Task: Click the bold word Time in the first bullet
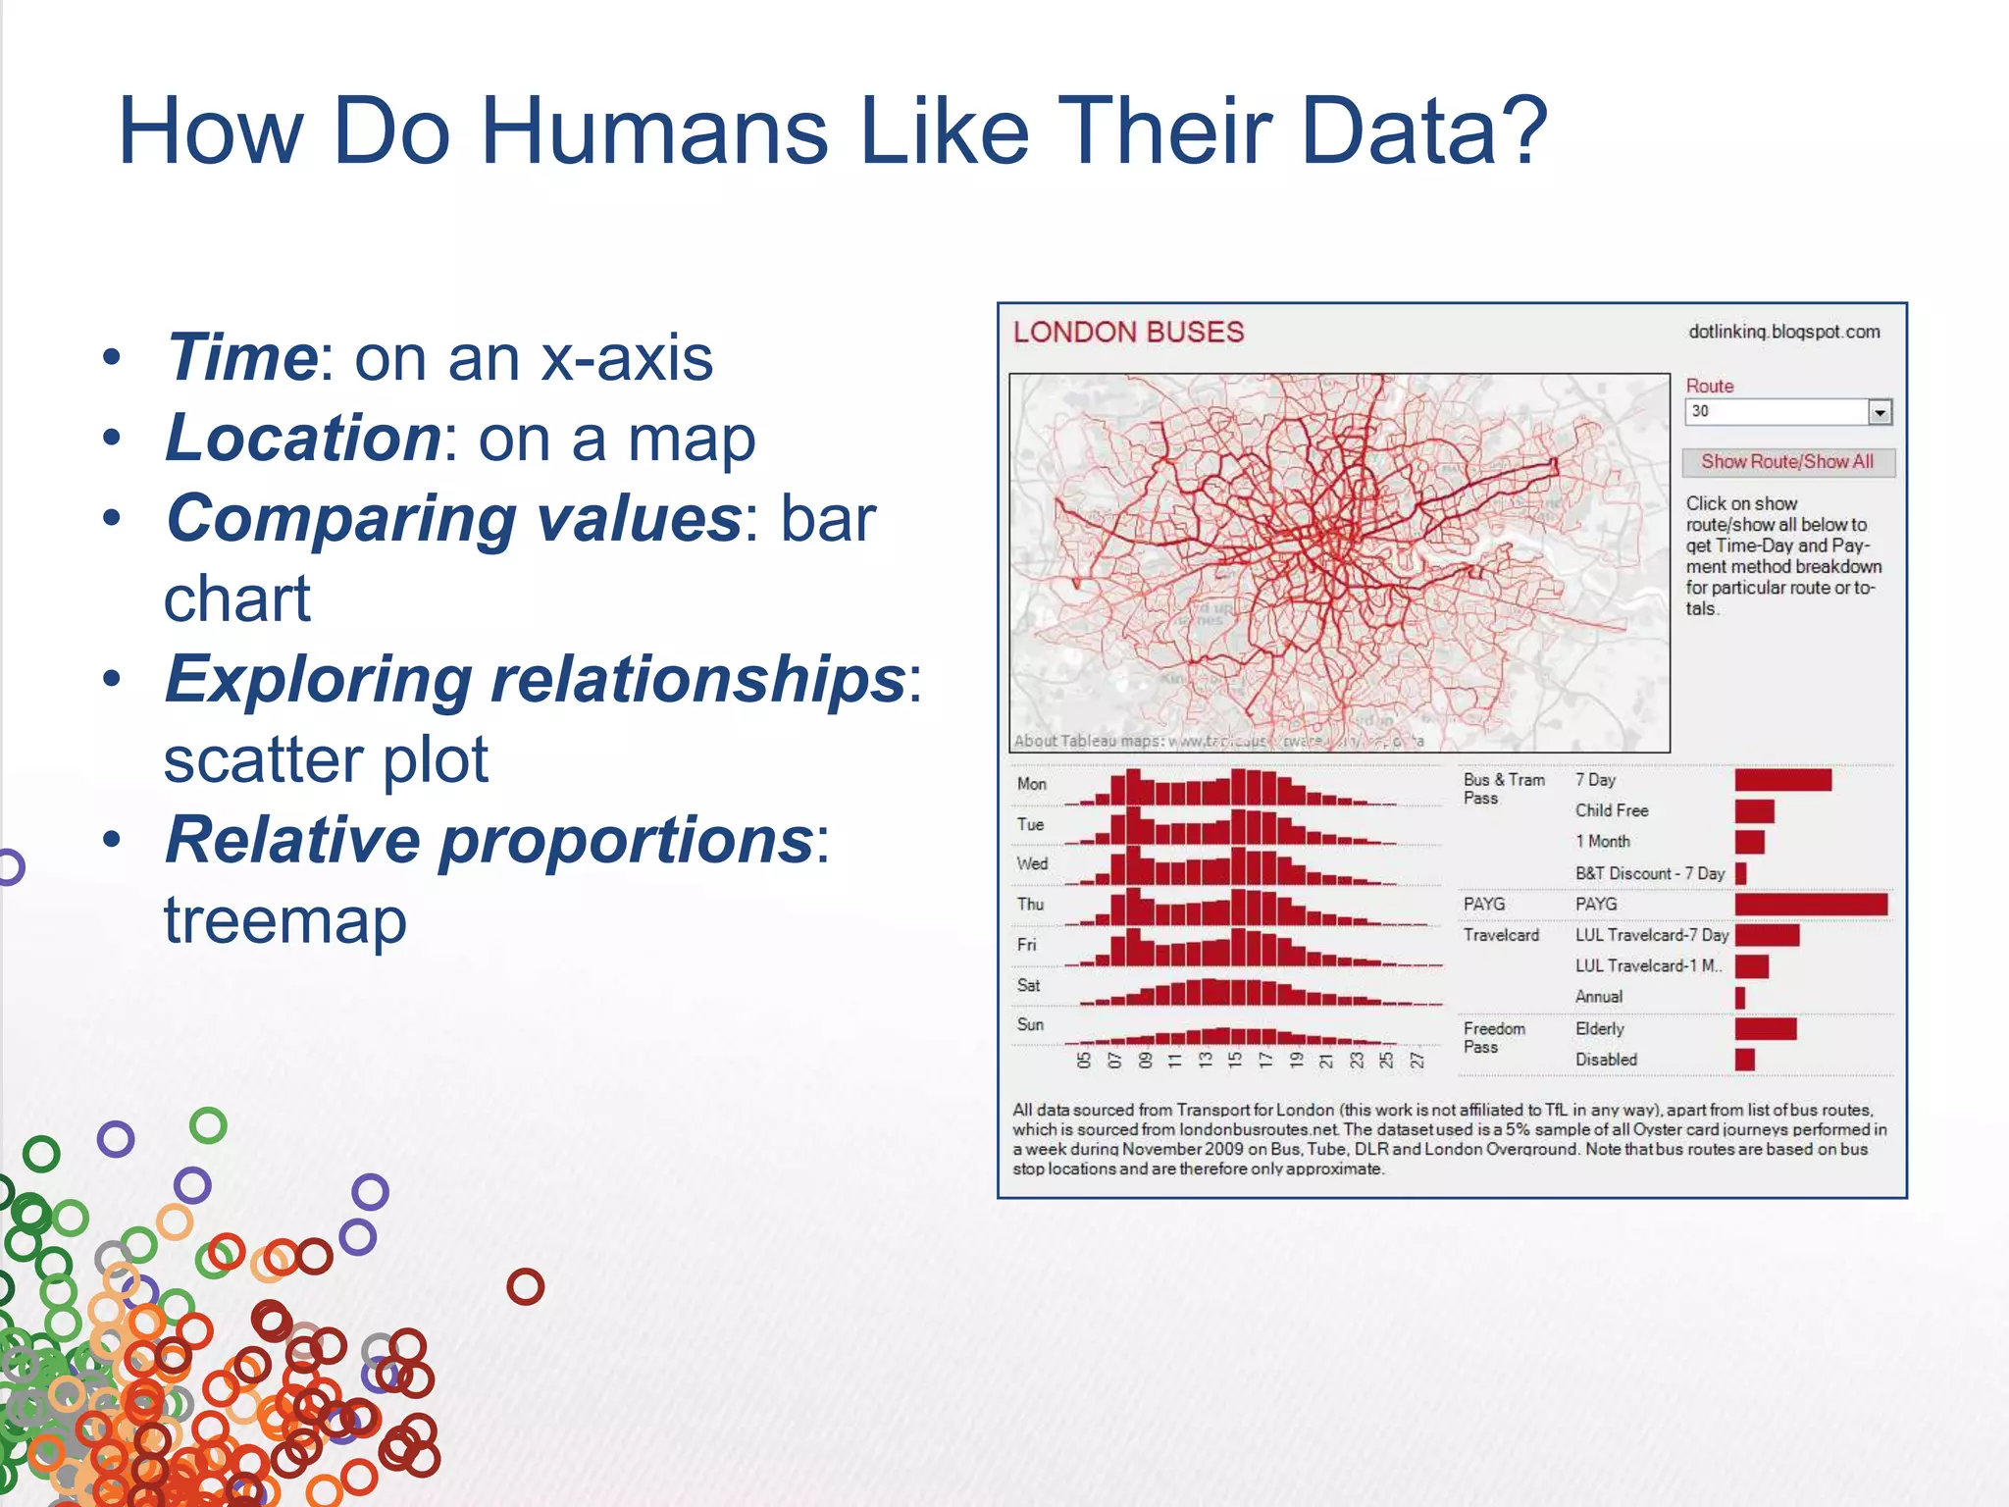click(241, 357)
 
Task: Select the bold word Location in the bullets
click(303, 438)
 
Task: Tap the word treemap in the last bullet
click(284, 920)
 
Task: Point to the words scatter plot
click(326, 759)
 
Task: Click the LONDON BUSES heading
click(1128, 332)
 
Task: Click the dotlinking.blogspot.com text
click(1783, 332)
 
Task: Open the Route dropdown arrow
click(1879, 412)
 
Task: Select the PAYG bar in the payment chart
click(1810, 904)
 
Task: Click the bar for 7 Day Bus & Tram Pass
click(1782, 780)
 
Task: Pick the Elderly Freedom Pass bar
click(1765, 1028)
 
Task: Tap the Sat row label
click(1028, 985)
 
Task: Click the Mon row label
click(1031, 784)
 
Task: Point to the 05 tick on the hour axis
click(1083, 1060)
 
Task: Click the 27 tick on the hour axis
click(1417, 1060)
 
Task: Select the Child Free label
click(1612, 810)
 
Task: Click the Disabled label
click(1606, 1060)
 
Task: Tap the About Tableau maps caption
click(1089, 741)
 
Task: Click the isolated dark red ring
click(525, 1286)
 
